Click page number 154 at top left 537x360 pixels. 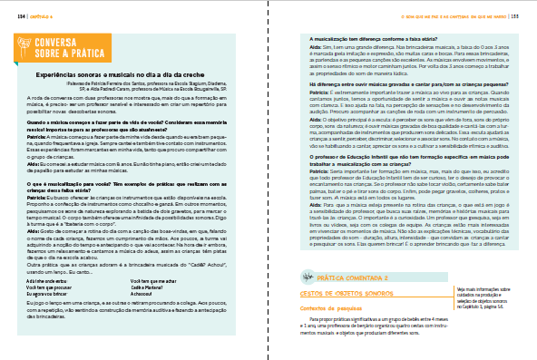pos(19,15)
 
